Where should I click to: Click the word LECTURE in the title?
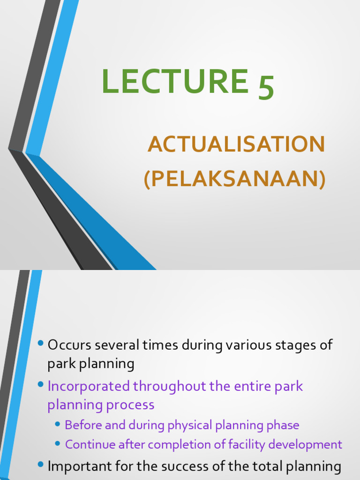tap(174, 81)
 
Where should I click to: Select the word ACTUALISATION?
tap(236, 144)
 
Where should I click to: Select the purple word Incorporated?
tap(89, 386)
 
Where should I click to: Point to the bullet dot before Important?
tap(41, 465)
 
